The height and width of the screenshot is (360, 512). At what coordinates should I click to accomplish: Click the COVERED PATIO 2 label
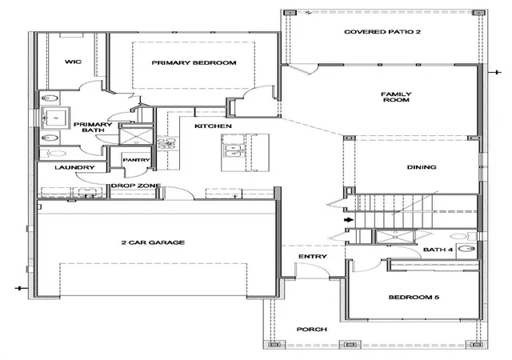[x=382, y=32]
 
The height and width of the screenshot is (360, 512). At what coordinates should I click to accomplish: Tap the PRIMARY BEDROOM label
[x=194, y=62]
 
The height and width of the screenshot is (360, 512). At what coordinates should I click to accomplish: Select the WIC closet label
[x=73, y=62]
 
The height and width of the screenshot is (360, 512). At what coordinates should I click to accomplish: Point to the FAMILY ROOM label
[x=396, y=97]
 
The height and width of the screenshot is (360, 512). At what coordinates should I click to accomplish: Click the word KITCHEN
[x=214, y=126]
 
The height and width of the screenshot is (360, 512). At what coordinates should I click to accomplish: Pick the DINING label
[x=422, y=167]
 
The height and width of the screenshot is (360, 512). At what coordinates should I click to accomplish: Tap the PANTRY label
[x=136, y=160]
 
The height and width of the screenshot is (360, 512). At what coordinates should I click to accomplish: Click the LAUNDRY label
[x=74, y=167]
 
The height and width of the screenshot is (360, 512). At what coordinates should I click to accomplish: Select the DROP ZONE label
[x=136, y=186]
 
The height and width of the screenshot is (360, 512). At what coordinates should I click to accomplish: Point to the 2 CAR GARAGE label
[x=153, y=242]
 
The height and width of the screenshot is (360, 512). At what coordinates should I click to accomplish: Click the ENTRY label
[x=313, y=257]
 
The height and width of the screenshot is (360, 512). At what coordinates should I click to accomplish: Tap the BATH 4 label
[x=438, y=250]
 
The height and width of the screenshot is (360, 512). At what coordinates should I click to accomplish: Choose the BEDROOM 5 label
[x=414, y=298]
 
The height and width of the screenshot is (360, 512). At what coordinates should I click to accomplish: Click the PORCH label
[x=311, y=330]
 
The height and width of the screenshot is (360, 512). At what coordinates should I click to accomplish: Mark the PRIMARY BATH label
[x=93, y=127]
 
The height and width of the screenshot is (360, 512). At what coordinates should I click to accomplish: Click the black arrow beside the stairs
[x=349, y=219]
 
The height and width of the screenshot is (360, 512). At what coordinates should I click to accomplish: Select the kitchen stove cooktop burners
[x=166, y=142]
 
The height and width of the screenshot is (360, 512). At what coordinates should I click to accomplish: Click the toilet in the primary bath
[x=54, y=153]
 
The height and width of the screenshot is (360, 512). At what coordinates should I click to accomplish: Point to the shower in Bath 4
[x=396, y=237]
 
